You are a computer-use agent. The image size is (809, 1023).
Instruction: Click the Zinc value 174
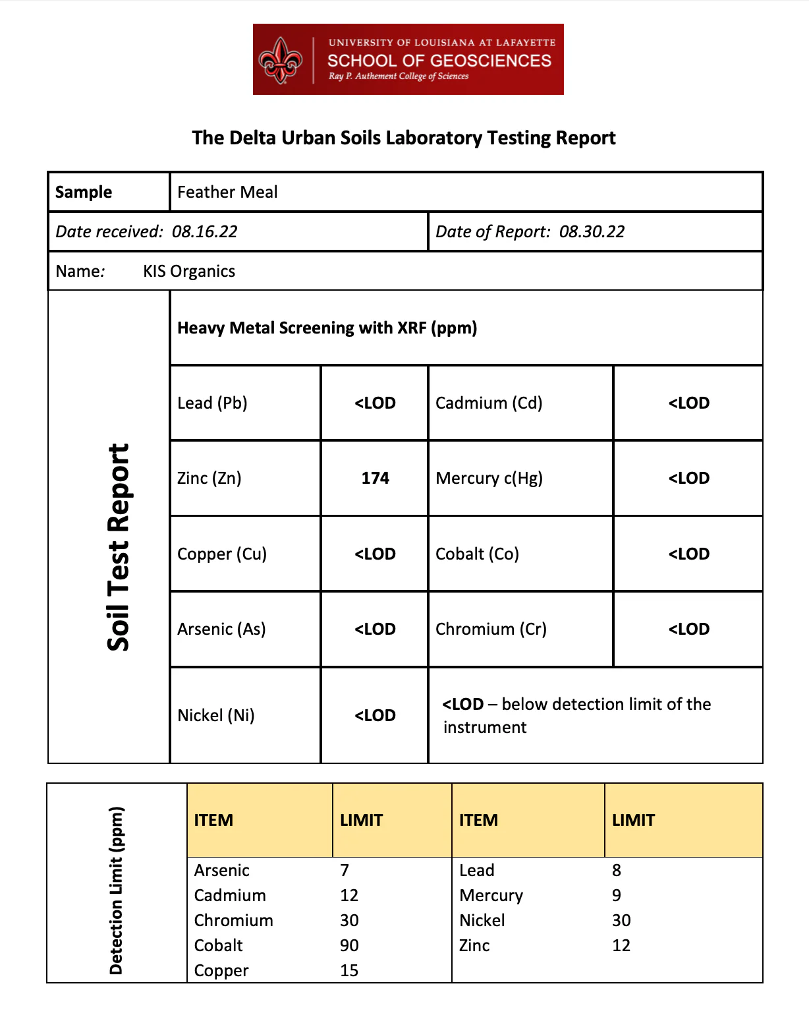(375, 478)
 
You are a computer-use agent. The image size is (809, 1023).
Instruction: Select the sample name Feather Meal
(227, 192)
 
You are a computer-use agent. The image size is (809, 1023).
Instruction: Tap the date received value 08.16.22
(204, 231)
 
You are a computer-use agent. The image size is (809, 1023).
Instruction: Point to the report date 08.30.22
(592, 231)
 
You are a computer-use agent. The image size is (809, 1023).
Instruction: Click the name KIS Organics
(189, 271)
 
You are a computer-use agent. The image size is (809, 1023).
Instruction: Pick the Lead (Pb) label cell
(212, 403)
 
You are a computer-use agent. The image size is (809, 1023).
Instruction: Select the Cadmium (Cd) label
(489, 403)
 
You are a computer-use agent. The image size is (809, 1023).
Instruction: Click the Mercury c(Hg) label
(489, 478)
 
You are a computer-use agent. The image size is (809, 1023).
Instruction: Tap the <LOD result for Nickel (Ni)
(375, 715)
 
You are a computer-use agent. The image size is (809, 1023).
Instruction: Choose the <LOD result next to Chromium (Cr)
(688, 629)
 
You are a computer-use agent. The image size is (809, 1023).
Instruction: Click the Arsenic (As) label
(221, 629)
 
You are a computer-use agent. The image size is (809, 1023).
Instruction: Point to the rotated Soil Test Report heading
(119, 547)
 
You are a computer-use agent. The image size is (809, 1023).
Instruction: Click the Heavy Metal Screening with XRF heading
(327, 328)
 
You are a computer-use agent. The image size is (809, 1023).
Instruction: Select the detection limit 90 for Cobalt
(349, 945)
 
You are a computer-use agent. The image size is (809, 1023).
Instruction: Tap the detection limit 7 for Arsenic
(345, 870)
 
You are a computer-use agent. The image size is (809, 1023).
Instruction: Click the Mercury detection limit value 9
(617, 895)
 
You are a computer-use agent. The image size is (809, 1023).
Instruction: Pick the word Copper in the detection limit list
(221, 970)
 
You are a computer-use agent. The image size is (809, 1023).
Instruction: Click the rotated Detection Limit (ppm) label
(116, 890)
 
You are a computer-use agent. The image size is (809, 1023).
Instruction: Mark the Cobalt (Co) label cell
(477, 554)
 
